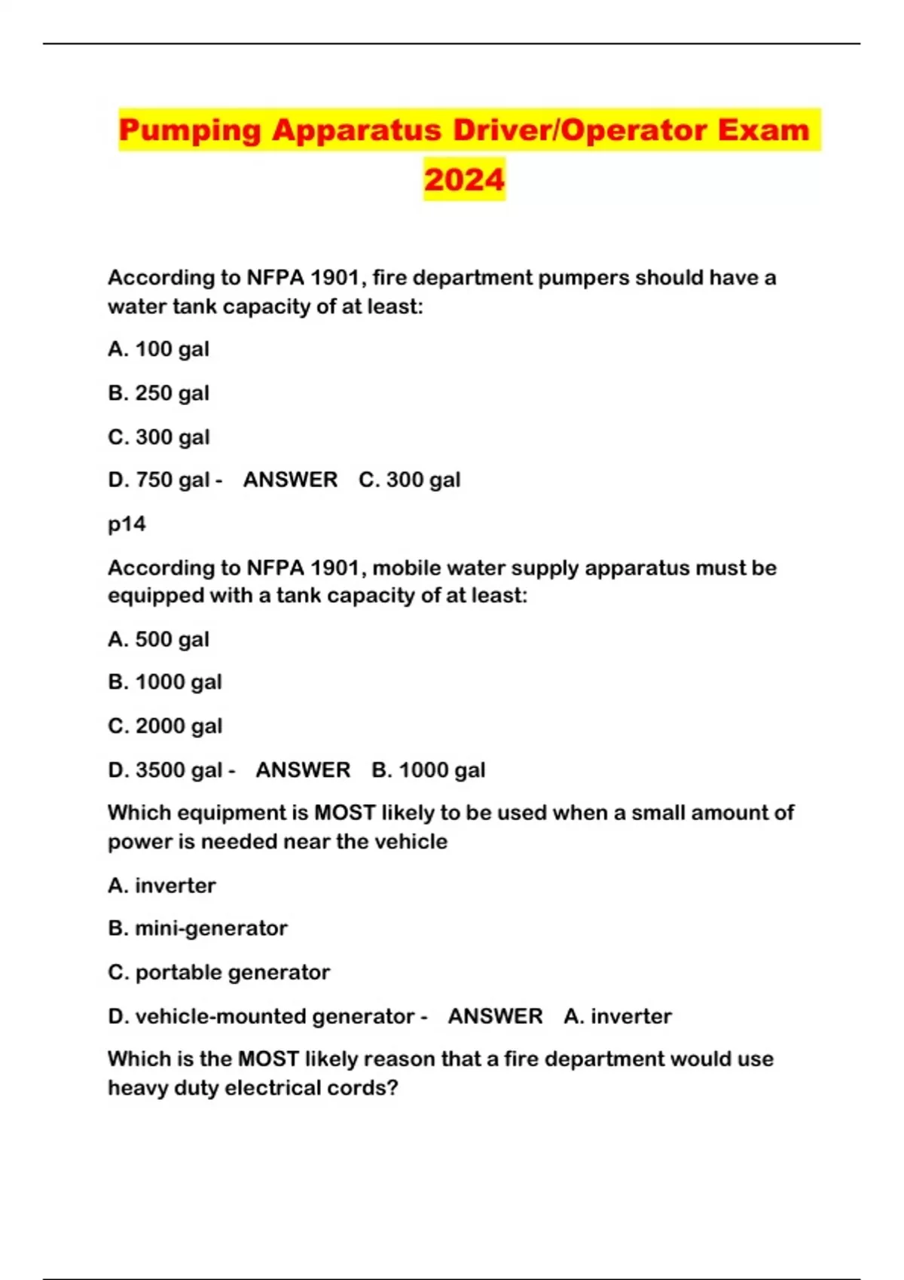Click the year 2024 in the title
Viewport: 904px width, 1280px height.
pos(464,180)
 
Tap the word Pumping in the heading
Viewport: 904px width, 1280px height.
pos(189,131)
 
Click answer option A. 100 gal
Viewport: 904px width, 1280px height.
pos(158,349)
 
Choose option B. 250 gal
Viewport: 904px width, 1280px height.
pos(158,393)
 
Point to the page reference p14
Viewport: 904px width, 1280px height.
pos(127,524)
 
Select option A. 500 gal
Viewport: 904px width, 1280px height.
pos(158,639)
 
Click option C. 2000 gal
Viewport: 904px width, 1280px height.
pos(165,726)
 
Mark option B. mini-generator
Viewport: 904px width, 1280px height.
pos(197,928)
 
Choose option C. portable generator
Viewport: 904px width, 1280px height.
pos(218,972)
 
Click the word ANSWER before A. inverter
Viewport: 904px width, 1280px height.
pos(495,1016)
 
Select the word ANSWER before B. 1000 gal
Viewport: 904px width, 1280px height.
pos(303,770)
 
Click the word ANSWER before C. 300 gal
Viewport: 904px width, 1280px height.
pos(290,480)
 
